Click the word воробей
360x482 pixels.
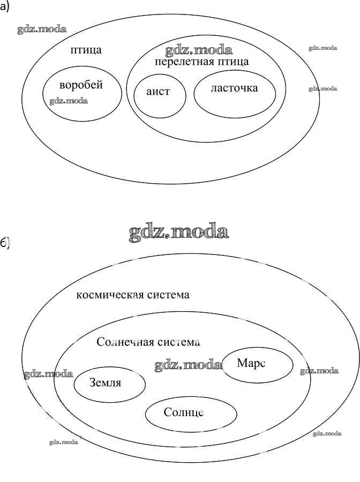[x=81, y=85]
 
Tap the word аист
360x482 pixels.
[x=158, y=92]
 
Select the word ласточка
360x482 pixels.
[x=234, y=88]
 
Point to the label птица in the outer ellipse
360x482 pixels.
[x=86, y=50]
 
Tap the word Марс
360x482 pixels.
[x=251, y=363]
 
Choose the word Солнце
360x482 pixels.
[x=184, y=412]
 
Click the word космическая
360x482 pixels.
[x=109, y=295]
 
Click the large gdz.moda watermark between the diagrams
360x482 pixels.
[x=178, y=232]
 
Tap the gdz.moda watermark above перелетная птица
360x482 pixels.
[x=199, y=51]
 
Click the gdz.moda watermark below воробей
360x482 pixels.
[x=69, y=101]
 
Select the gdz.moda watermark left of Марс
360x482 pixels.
[x=187, y=365]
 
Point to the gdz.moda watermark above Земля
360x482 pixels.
[x=48, y=374]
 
